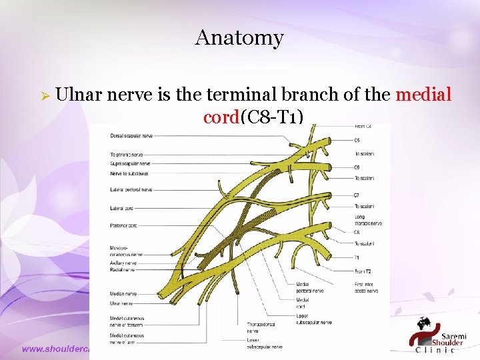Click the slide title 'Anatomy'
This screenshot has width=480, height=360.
coord(239,38)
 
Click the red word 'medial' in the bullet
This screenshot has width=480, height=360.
coord(423,95)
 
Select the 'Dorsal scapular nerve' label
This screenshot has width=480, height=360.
coord(131,135)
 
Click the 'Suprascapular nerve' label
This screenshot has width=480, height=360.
coord(130,163)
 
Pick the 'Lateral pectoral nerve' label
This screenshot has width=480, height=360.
coord(131,190)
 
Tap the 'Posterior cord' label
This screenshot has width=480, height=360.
coord(123,225)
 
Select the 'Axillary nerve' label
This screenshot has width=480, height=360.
coord(123,263)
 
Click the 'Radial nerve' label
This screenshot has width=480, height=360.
coord(121,270)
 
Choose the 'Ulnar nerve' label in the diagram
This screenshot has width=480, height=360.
coord(121,303)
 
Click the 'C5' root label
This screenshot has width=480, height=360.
coord(357,140)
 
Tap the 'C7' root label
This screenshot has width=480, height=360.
coord(357,195)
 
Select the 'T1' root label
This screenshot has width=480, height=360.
coord(357,257)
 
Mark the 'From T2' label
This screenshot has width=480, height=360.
coord(363,271)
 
